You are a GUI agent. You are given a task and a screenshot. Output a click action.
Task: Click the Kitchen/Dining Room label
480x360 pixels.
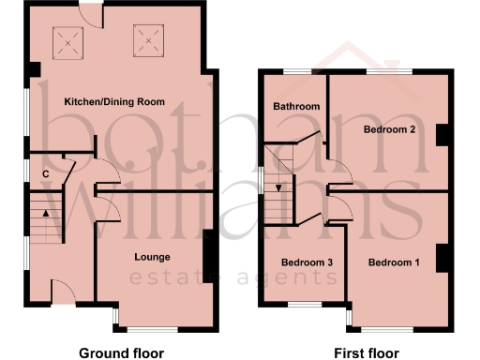[x=114, y=100]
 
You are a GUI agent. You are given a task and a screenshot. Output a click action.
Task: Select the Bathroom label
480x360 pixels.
[x=296, y=107]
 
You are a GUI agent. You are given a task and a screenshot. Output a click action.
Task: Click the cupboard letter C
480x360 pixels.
[x=45, y=173]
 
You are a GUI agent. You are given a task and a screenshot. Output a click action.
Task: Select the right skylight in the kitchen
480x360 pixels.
[x=148, y=40]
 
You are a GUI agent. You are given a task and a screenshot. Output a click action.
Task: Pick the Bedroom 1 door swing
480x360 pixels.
[x=339, y=208]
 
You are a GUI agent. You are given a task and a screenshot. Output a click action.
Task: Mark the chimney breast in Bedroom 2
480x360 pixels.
[x=442, y=134]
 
